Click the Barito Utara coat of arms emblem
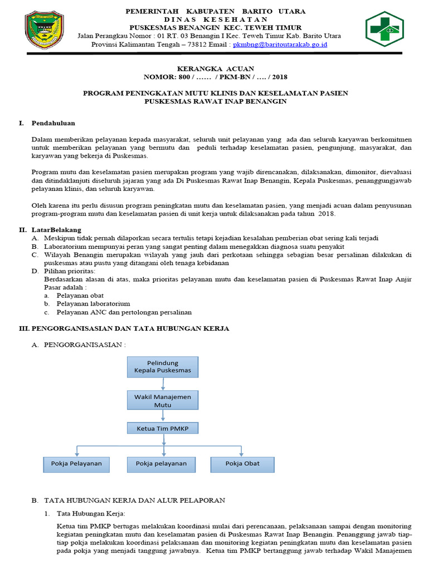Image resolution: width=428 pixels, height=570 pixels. click(46, 32)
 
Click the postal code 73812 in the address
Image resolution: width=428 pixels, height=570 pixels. click(200, 44)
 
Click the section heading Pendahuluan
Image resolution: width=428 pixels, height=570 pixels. click(53, 123)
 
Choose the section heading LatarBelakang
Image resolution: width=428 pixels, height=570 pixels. click(56, 229)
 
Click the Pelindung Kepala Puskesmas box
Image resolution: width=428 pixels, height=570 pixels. click(162, 366)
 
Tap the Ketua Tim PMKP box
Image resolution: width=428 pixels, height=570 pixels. click(162, 428)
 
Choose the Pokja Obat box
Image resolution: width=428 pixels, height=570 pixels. click(242, 463)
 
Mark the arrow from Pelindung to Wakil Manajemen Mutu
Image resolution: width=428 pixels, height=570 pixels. click(163, 384)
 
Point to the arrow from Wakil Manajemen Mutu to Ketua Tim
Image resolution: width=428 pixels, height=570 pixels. click(163, 416)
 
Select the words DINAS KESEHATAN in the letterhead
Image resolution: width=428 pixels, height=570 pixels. click(216, 19)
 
